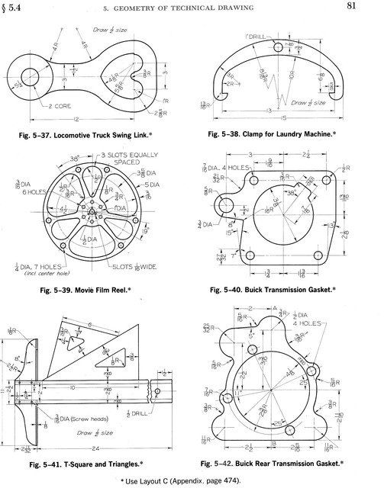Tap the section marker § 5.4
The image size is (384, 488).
coord(17,8)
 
